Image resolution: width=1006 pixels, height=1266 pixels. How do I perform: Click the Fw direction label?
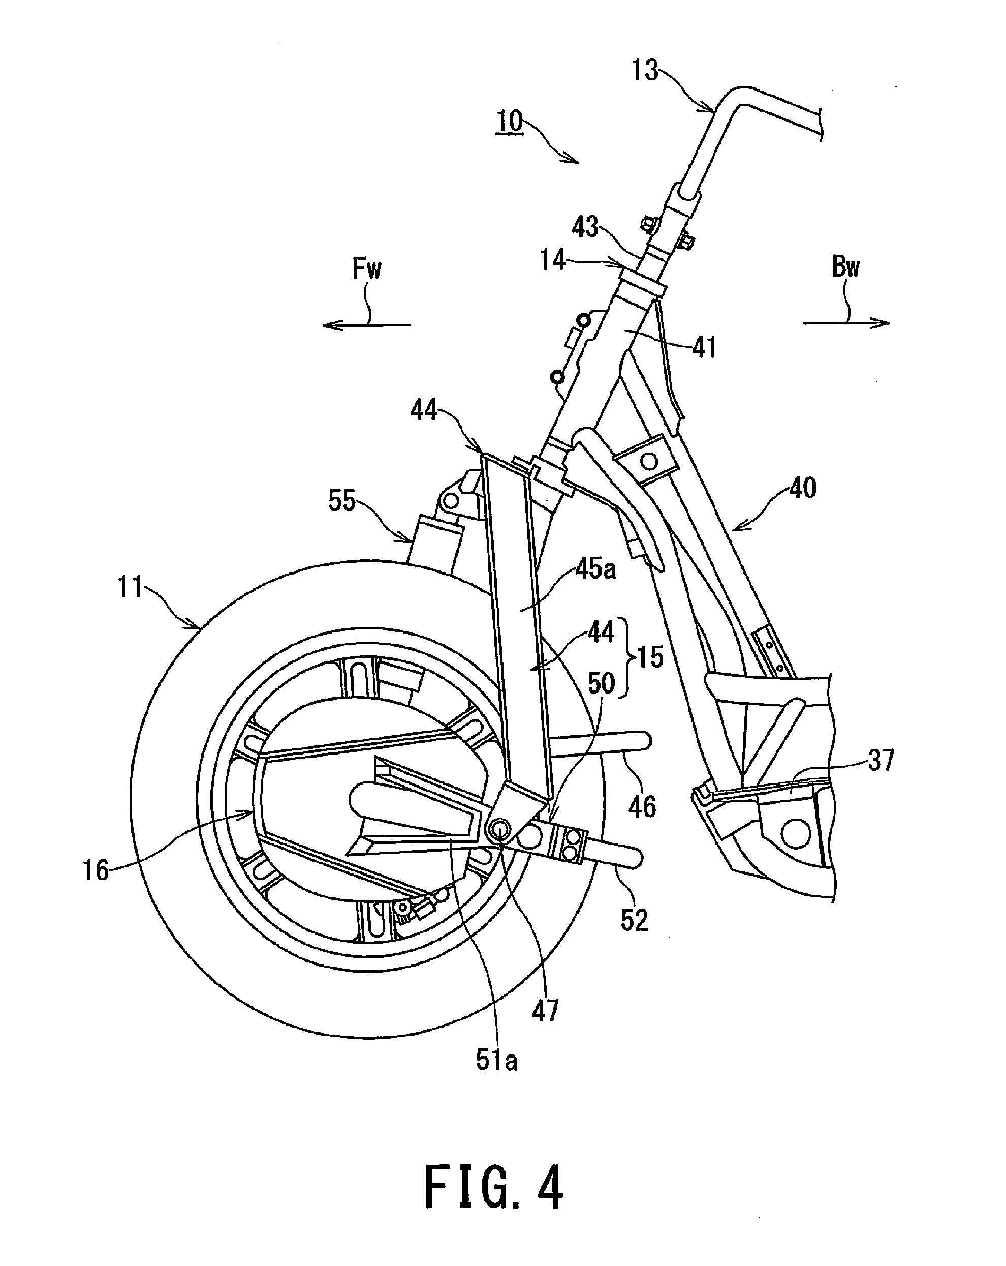pos(367,269)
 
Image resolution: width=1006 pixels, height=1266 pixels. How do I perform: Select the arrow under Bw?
pos(846,322)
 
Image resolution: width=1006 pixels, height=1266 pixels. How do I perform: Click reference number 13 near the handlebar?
pos(644,71)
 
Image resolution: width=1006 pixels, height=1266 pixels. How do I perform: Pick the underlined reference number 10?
pos(510,122)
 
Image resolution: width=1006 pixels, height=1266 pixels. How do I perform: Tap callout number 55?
pos(342,501)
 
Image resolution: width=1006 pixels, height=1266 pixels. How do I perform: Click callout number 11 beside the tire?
pos(130,587)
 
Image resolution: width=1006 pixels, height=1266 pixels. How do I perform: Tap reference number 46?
pos(642,807)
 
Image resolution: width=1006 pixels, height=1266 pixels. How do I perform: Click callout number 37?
pos(881,761)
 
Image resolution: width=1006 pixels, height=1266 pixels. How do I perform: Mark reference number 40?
pos(802,488)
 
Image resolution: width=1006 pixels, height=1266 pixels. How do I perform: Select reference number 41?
pos(704,348)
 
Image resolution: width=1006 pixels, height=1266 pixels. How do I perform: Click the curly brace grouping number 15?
pos(631,656)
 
